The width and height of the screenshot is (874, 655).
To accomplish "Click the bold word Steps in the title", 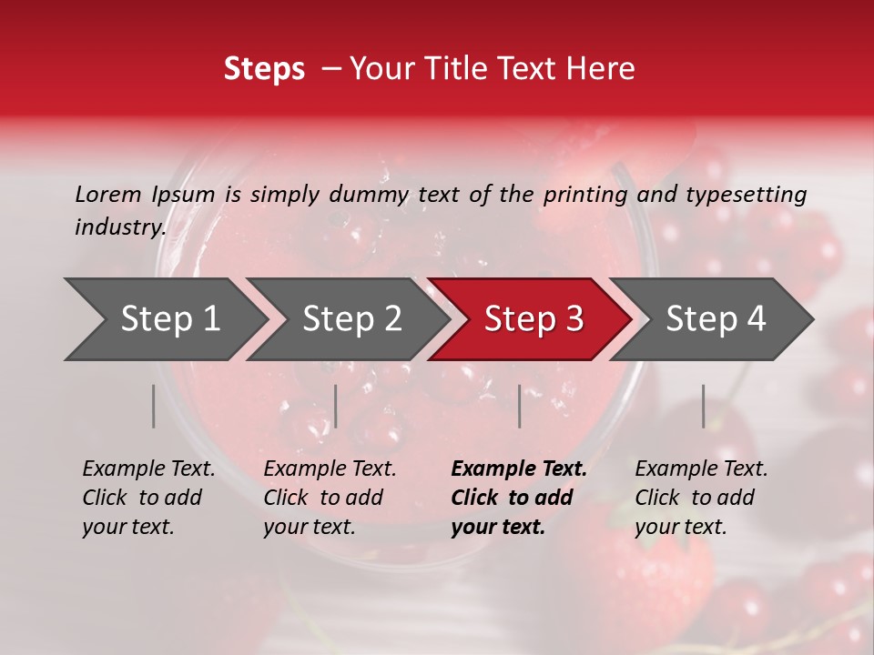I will click(x=264, y=69).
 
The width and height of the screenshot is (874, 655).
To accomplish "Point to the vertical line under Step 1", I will click(x=154, y=406).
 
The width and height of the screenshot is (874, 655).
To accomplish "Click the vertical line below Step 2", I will click(x=336, y=406).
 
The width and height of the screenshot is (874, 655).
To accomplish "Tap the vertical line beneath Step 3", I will click(x=520, y=406).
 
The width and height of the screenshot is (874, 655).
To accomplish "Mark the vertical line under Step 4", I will click(x=704, y=406).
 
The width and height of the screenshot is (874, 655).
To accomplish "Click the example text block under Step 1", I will click(x=148, y=498).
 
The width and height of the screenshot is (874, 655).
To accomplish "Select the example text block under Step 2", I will click(x=330, y=498).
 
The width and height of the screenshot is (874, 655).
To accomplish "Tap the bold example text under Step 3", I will click(x=519, y=498).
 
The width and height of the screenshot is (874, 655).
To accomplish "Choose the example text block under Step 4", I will click(x=701, y=498).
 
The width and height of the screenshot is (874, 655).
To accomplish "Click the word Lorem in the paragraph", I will click(x=107, y=195).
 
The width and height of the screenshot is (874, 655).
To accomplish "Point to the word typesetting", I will click(x=746, y=195).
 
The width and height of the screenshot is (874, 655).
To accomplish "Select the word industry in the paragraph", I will click(x=119, y=227).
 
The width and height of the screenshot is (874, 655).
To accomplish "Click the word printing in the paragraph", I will click(x=583, y=195).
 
